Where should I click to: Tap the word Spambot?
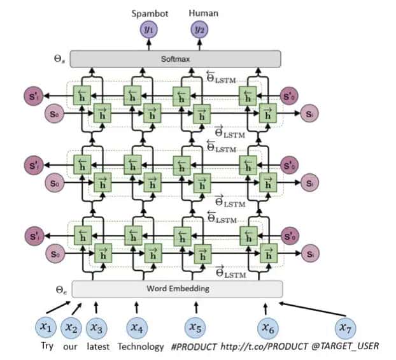point(148,12)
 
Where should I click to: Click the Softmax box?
point(175,59)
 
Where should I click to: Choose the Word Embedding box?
point(177,289)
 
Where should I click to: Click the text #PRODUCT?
point(195,347)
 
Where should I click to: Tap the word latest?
point(95,347)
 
